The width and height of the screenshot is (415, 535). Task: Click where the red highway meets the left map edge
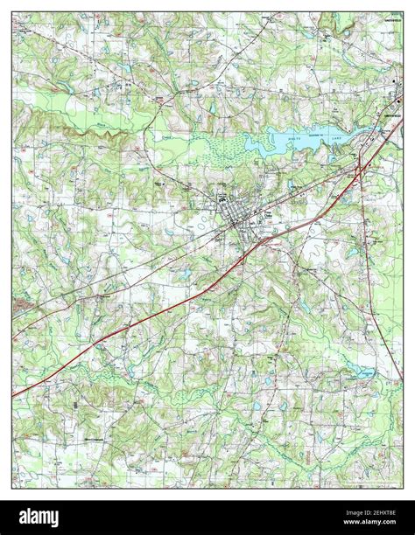[x=13, y=396]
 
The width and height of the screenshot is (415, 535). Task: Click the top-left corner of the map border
[x=12, y=11]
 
